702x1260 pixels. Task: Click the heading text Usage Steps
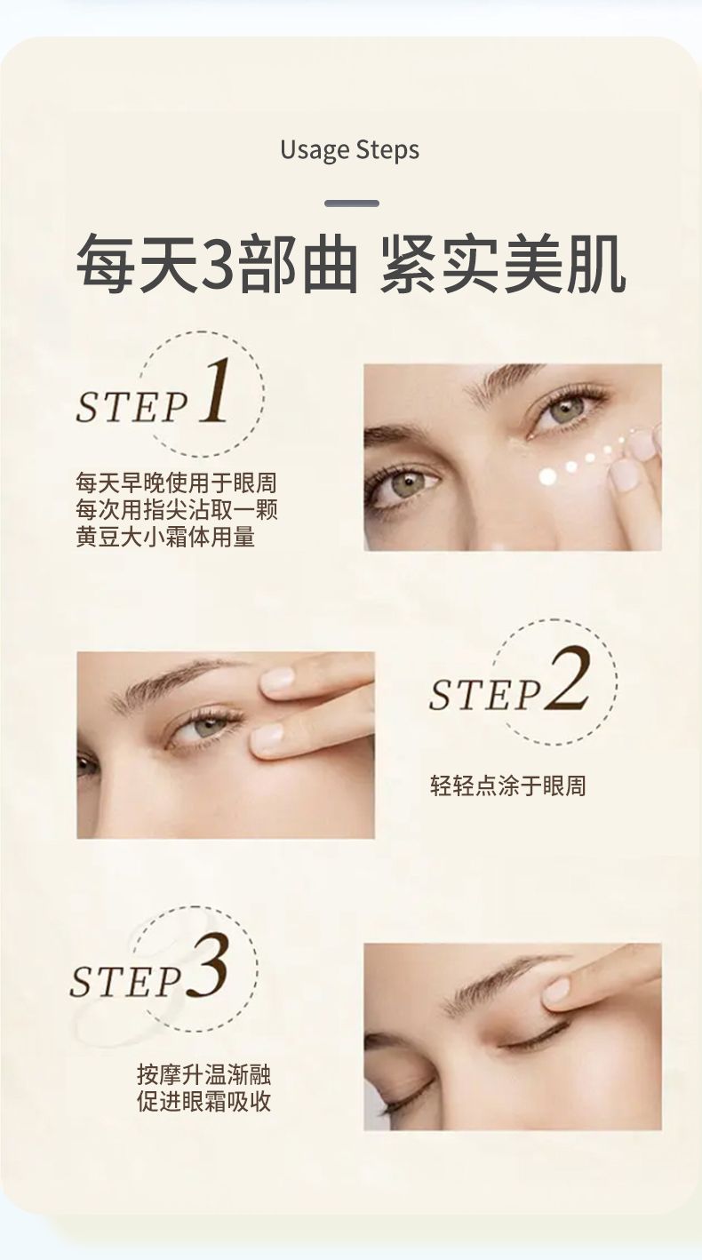[x=350, y=151]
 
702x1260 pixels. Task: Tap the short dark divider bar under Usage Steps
[x=352, y=203]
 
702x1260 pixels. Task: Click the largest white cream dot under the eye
[x=547, y=476]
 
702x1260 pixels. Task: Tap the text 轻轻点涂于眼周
[x=508, y=785]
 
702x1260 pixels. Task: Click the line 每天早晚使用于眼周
[x=176, y=482]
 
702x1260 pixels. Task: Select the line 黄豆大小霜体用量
[x=165, y=537]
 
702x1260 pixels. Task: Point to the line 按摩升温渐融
[x=204, y=1073]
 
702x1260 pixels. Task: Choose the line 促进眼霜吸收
[x=204, y=1101]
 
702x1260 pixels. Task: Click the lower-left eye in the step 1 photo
[x=406, y=482]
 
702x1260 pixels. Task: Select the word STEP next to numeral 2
[x=485, y=695]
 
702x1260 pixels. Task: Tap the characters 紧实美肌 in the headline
[x=502, y=265]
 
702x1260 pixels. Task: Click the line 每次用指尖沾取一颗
[x=176, y=510]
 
